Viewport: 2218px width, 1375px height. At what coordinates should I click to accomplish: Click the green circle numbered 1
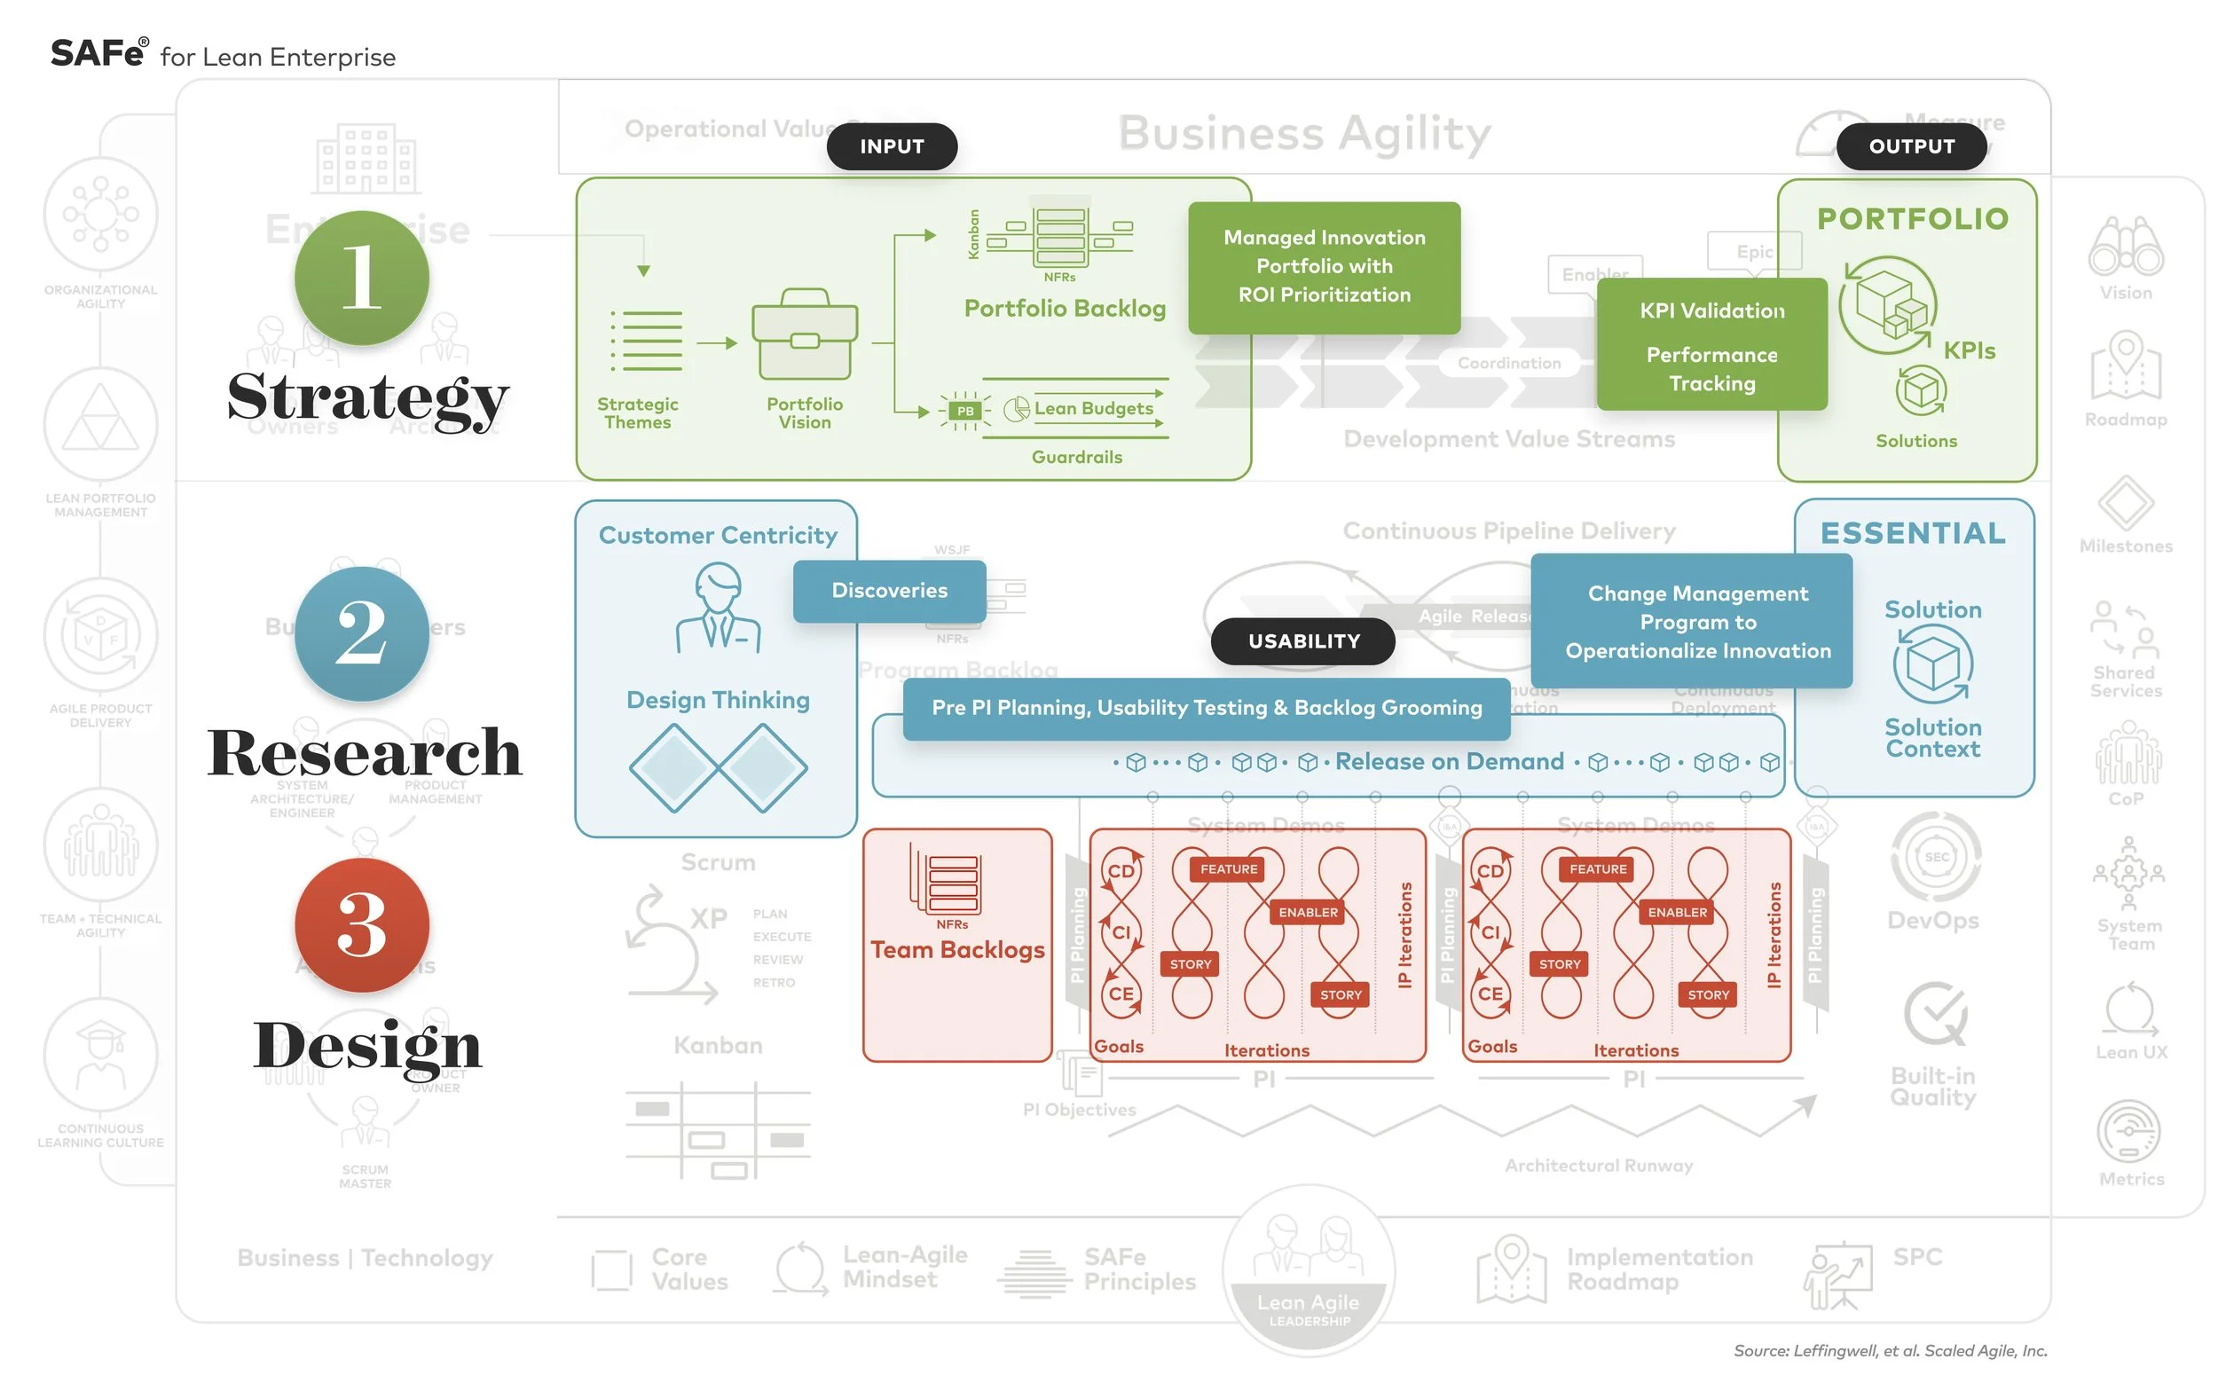click(361, 278)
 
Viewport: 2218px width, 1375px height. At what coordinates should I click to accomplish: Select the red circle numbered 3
click(361, 924)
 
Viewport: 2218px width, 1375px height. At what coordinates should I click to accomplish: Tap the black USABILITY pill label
click(1302, 641)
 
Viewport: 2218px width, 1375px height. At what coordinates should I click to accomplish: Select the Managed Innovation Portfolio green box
click(1323, 266)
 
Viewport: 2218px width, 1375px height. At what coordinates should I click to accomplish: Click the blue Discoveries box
click(888, 591)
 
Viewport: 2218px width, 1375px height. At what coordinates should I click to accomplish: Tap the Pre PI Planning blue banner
click(1205, 708)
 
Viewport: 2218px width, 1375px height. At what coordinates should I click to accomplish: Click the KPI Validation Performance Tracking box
click(1711, 346)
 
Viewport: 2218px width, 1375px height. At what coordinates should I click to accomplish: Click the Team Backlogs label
click(956, 949)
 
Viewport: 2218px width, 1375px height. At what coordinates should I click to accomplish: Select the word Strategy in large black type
click(366, 397)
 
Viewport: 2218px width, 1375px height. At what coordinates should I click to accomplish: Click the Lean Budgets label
click(1092, 408)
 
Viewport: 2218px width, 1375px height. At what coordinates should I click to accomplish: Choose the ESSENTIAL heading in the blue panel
click(1912, 533)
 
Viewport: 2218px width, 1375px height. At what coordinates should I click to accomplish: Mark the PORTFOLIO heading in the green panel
click(1912, 219)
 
